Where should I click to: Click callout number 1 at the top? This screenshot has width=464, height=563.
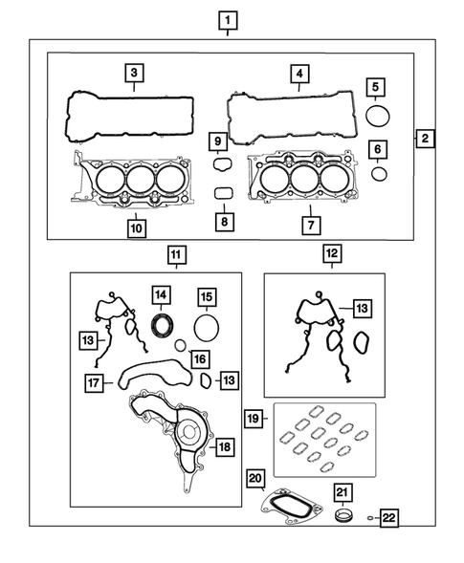(227, 18)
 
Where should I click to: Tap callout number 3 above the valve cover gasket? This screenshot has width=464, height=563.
(136, 72)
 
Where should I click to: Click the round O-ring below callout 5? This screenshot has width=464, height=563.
(379, 117)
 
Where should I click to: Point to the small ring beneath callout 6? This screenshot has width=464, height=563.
(379, 174)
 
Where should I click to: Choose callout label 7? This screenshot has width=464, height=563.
(310, 226)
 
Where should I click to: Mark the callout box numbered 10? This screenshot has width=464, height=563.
(223, 222)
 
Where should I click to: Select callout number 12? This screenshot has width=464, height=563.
(331, 254)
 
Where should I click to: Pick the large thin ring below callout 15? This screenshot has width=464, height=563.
(206, 327)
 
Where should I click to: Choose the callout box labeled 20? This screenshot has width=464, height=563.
(255, 478)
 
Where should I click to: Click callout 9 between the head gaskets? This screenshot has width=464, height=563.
(218, 142)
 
